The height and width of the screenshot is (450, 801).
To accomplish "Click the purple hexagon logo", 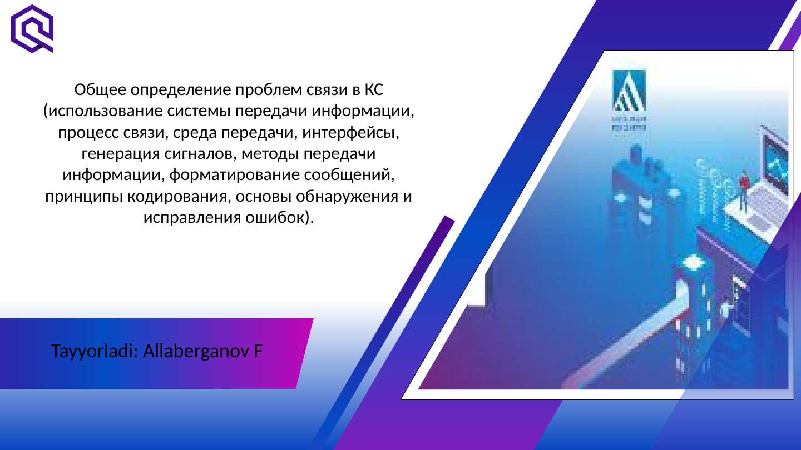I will coord(32,28).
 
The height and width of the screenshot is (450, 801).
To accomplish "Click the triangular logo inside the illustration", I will coord(629,92).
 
